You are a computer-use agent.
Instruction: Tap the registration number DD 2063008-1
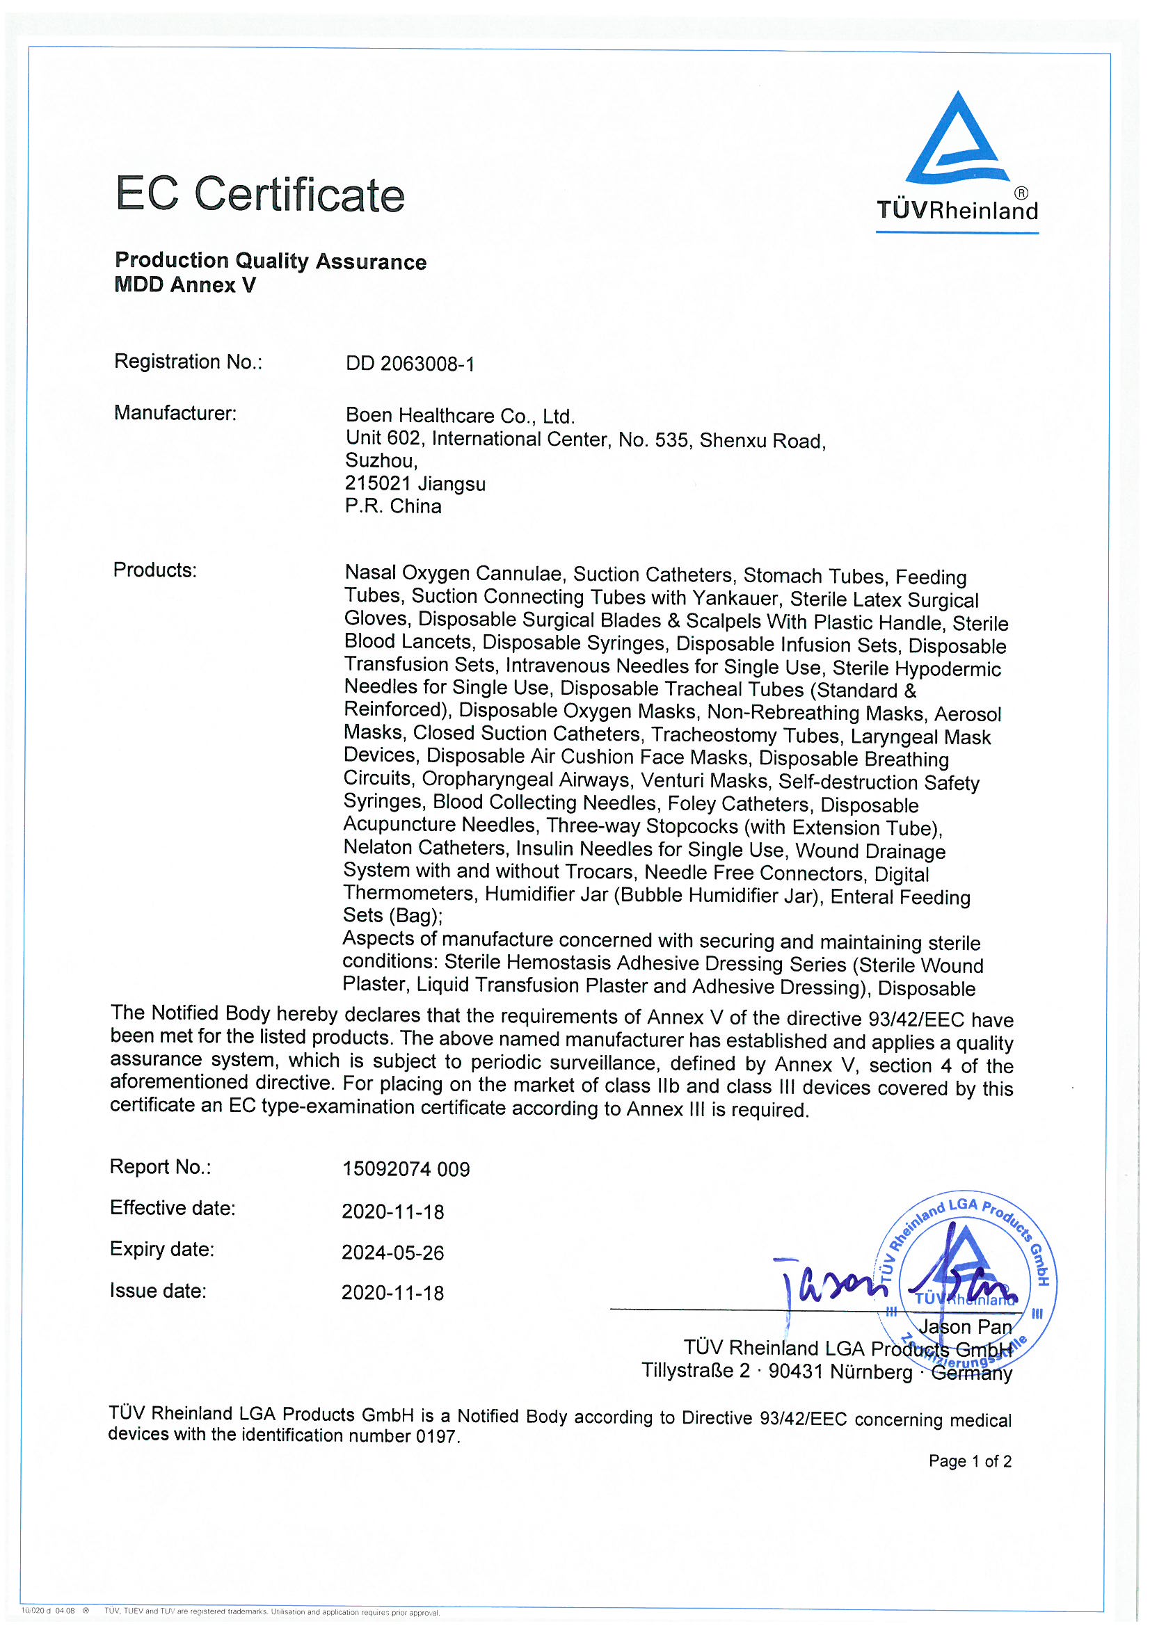(x=410, y=363)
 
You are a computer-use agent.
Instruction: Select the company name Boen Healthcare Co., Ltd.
(x=460, y=415)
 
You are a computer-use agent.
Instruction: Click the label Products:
(x=154, y=570)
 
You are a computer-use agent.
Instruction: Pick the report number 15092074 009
(x=406, y=1168)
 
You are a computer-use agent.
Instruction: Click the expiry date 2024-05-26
(x=392, y=1252)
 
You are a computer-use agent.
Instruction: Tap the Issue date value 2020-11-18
(x=392, y=1292)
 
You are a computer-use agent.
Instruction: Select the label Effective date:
(x=172, y=1207)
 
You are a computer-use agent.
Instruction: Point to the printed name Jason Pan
(x=965, y=1326)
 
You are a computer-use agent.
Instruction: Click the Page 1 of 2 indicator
(x=969, y=1460)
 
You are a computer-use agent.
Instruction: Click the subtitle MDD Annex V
(x=185, y=284)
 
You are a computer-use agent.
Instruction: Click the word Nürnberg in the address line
(x=871, y=1371)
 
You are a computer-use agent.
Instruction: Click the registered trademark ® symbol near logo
(x=1021, y=193)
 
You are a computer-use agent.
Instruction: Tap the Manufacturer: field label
(x=175, y=413)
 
